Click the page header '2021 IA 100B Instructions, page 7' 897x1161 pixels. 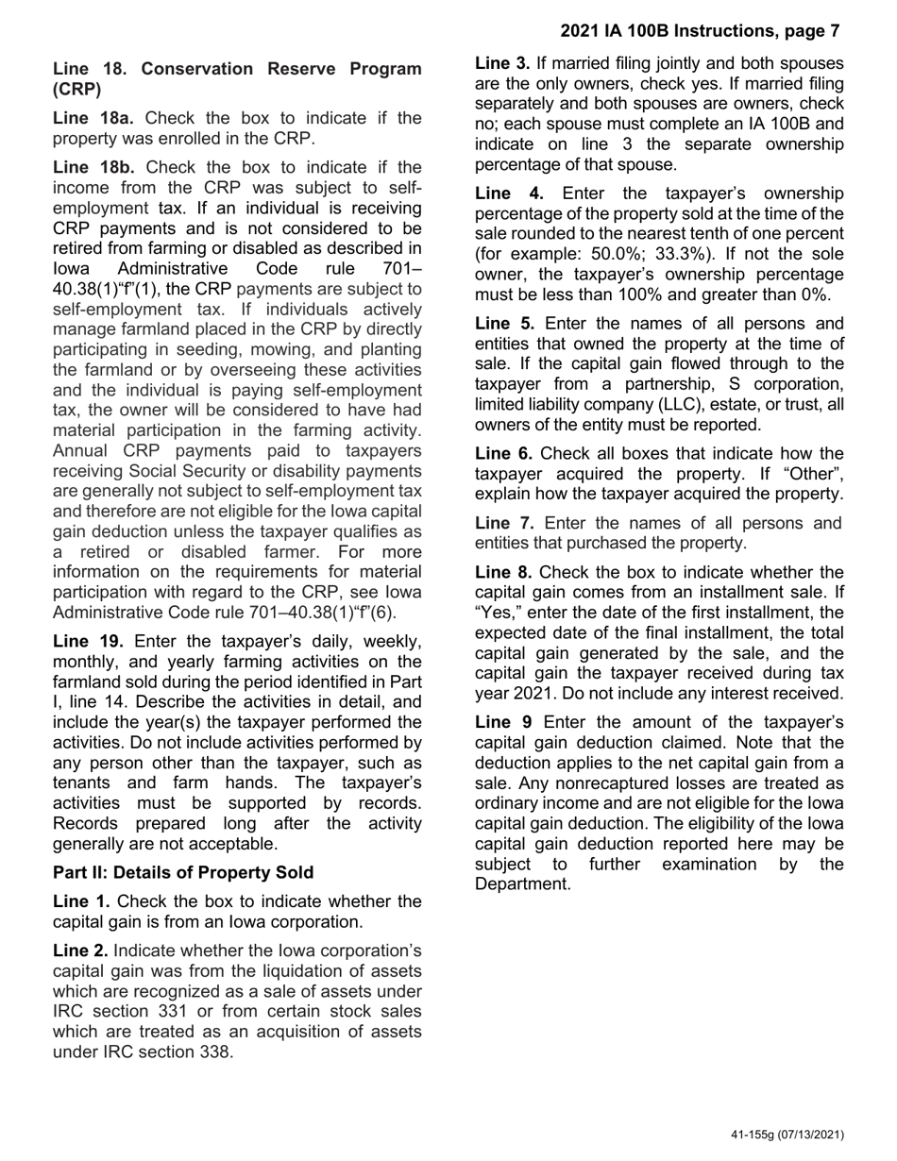(700, 31)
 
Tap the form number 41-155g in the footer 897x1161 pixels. (757, 1135)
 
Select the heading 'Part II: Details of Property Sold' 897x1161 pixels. (183, 871)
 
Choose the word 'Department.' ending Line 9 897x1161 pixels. (522, 884)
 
